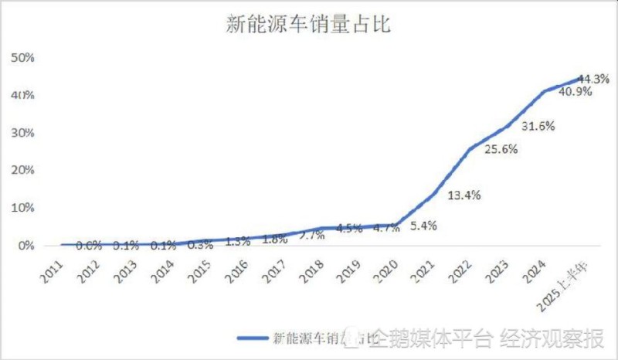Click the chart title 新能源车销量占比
point(309,25)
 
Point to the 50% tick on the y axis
point(22,58)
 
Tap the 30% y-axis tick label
point(22,133)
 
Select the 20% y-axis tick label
point(22,171)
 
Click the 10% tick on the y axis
point(22,208)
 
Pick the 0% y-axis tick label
point(25,246)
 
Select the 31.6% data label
point(538,126)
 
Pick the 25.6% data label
point(501,150)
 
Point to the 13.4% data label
point(464,195)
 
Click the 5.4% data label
point(423,226)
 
